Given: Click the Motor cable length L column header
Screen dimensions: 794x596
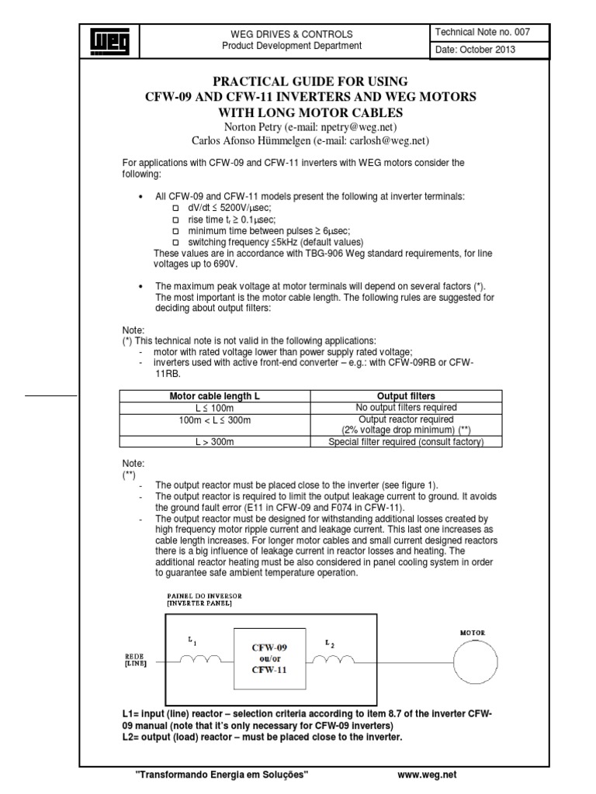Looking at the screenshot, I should click(214, 395).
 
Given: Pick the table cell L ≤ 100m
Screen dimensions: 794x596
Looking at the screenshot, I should click(214, 407).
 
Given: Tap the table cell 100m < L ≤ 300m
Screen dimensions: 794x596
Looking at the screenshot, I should click(214, 419).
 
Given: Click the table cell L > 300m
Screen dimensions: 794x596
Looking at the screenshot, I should click(214, 441).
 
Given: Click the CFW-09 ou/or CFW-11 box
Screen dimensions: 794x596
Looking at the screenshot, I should click(268, 658).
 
